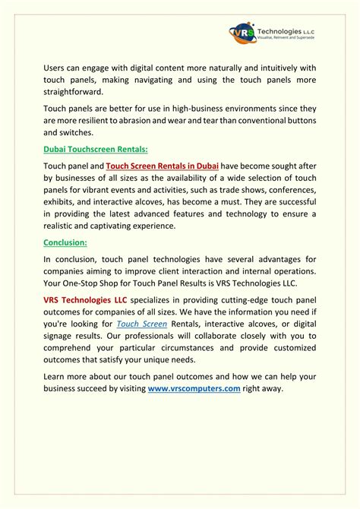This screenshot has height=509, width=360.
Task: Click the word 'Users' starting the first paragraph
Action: click(x=55, y=68)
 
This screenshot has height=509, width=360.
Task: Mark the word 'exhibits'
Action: click(x=61, y=202)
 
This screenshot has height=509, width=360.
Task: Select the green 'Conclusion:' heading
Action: click(x=65, y=243)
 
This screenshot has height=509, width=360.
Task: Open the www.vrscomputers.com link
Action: click(x=194, y=388)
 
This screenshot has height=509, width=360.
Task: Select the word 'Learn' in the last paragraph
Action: click(x=56, y=376)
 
